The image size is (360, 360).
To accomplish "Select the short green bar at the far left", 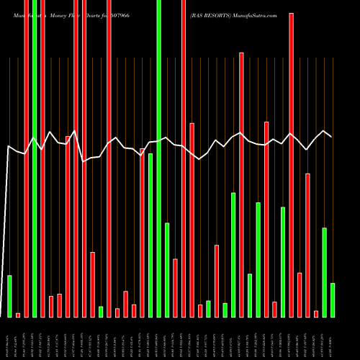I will click(x=9, y=296).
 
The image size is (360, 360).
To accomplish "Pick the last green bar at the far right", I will click(x=333, y=300).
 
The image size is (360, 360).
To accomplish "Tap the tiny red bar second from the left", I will click(x=18, y=315).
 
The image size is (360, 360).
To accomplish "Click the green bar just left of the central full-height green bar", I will click(x=150, y=235).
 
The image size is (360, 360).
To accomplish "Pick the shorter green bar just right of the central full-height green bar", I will click(x=167, y=270).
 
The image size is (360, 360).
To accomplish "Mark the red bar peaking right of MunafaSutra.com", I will click(x=291, y=165).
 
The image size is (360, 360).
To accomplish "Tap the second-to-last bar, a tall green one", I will click(x=324, y=272).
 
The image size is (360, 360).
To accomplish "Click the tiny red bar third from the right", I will click(x=316, y=313).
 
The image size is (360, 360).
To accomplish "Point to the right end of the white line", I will click(x=331, y=136).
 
